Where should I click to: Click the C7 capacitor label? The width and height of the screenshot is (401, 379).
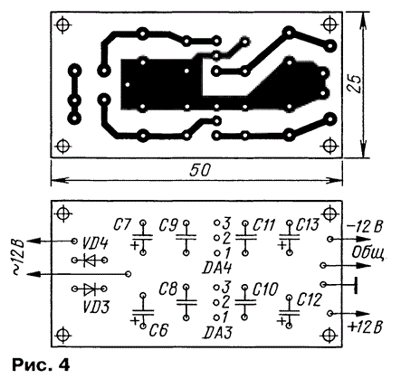point(122,225)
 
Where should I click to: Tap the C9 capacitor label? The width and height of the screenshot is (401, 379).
point(168,225)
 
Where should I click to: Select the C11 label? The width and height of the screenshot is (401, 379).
point(264,225)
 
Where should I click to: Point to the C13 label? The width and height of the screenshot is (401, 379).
point(308,224)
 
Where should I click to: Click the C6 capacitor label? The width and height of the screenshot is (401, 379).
point(158,330)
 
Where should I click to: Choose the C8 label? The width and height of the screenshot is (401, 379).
point(168,289)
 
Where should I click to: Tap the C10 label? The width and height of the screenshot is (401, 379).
point(264,289)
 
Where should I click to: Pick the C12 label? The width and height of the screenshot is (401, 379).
point(309,300)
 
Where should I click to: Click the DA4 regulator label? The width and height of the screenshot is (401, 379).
point(217,268)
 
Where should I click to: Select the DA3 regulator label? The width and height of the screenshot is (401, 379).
point(218,333)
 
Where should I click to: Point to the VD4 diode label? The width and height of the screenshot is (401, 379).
point(94,243)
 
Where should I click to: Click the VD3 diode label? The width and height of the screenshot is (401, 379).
point(96,307)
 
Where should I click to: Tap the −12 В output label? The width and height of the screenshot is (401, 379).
point(365,226)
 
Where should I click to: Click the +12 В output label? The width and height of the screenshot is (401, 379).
point(365,327)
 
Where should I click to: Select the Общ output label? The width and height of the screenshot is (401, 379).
point(368,253)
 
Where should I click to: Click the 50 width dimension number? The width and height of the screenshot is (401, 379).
point(199,171)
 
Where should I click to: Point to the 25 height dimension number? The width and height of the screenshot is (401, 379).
point(354,83)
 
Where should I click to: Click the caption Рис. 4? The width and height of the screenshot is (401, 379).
point(41,365)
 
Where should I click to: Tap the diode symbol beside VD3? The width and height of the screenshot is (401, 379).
point(90,289)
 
